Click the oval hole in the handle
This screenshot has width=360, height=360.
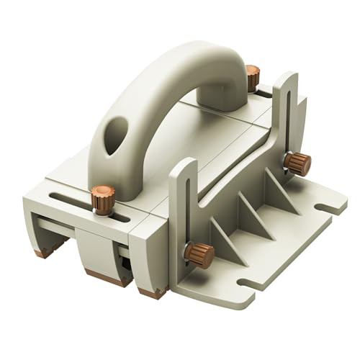[x=115, y=135]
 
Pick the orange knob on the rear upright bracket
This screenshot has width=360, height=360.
[x=297, y=163]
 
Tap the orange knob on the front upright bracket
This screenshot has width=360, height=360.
[x=199, y=254]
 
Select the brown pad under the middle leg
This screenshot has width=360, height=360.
[x=108, y=277]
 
